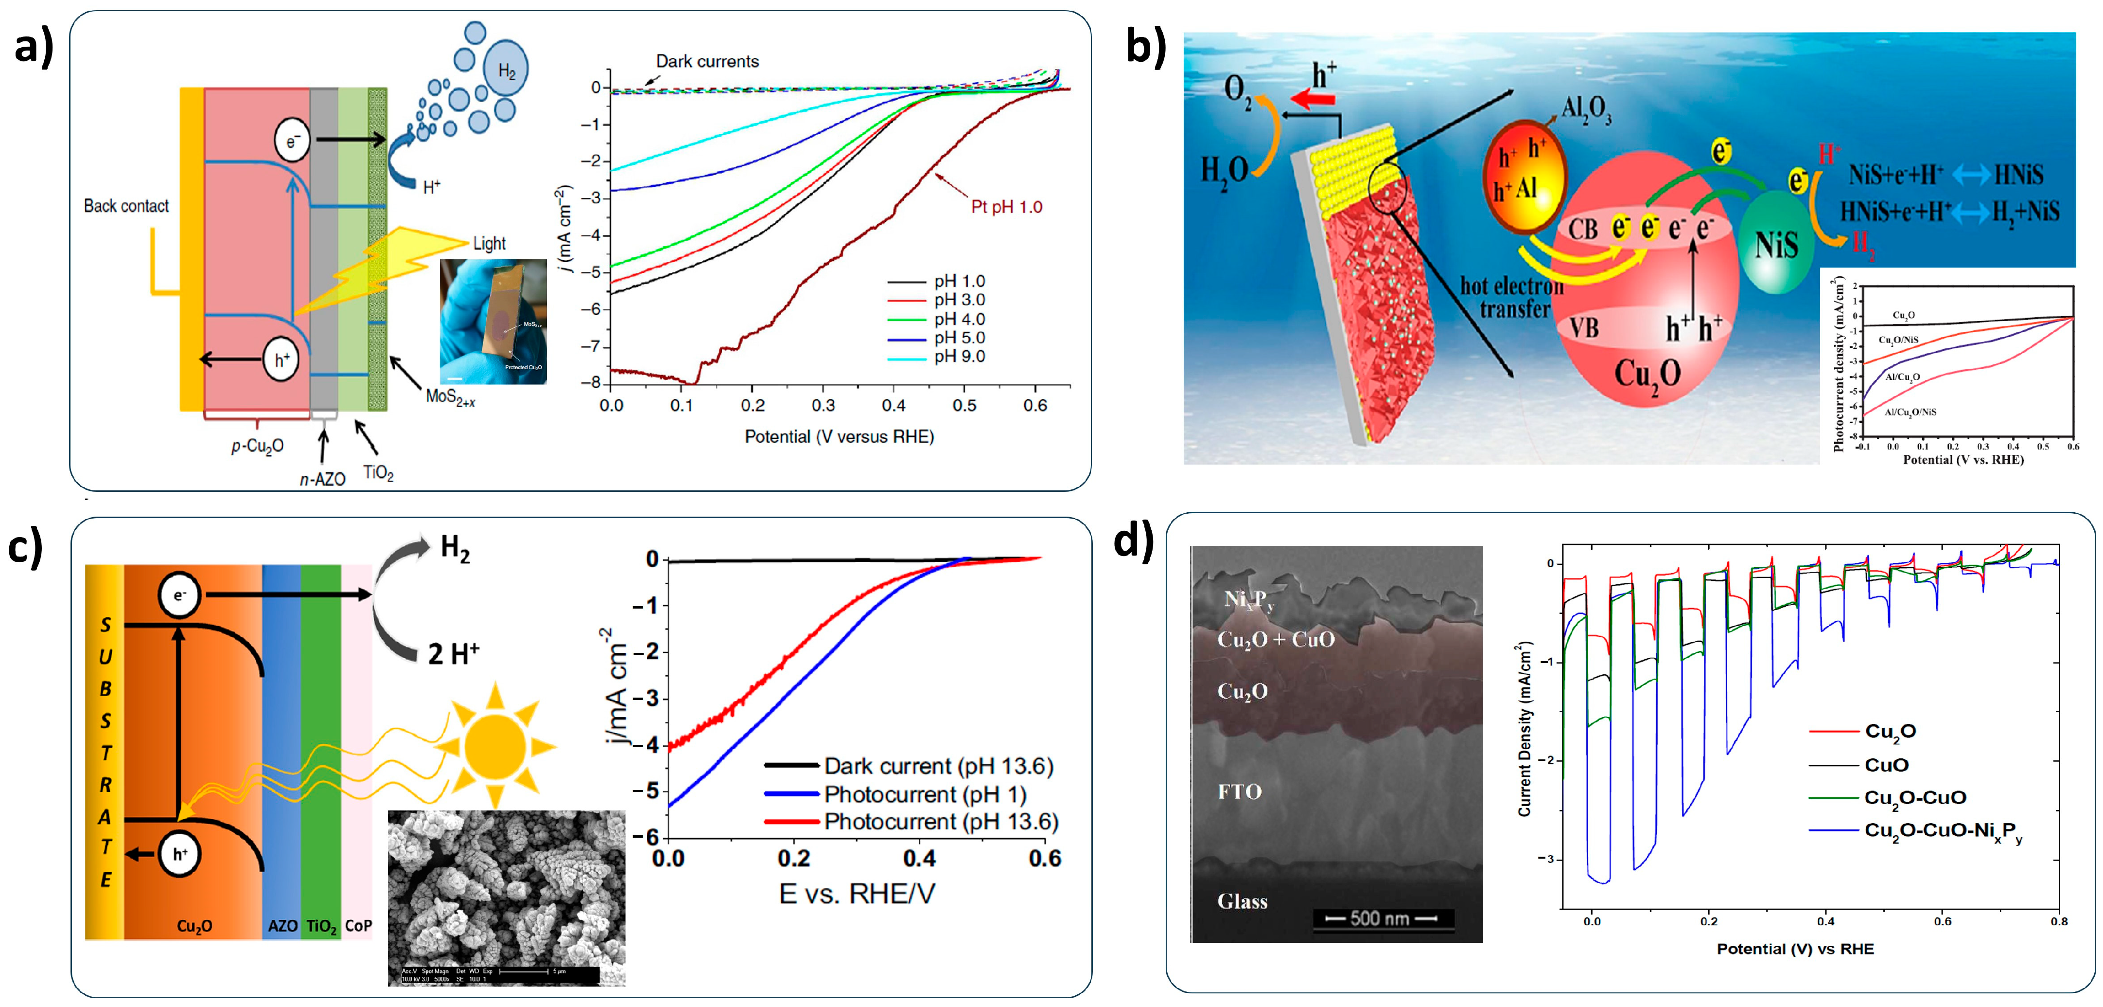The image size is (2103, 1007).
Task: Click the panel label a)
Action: point(35,47)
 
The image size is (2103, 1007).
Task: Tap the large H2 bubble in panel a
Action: point(506,70)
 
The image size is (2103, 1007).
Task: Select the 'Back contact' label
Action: point(126,206)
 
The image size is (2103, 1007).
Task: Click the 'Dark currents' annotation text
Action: point(707,61)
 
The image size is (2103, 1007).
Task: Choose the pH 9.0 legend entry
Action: point(959,356)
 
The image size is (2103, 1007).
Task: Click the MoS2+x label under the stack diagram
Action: point(450,398)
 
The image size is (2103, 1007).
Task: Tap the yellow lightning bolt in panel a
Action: point(384,261)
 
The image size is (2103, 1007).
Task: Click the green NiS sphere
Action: point(1776,243)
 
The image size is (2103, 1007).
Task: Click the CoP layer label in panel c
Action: point(358,925)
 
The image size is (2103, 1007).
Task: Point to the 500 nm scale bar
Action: point(1380,918)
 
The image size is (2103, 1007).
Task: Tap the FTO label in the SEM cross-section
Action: point(1239,791)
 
